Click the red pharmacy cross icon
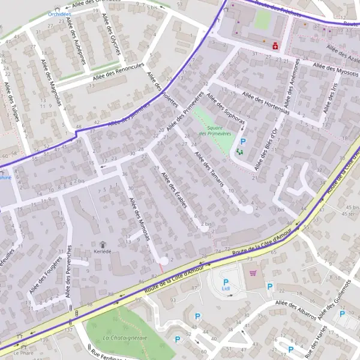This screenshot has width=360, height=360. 275,45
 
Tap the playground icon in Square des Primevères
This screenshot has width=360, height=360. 240,152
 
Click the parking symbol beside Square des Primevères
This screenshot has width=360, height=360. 243,142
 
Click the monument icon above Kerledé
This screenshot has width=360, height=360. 103,244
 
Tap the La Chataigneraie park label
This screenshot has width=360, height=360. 125,338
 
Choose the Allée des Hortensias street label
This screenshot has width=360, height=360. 266,103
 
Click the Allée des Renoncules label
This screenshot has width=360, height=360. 119,73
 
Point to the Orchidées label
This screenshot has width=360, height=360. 60,14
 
